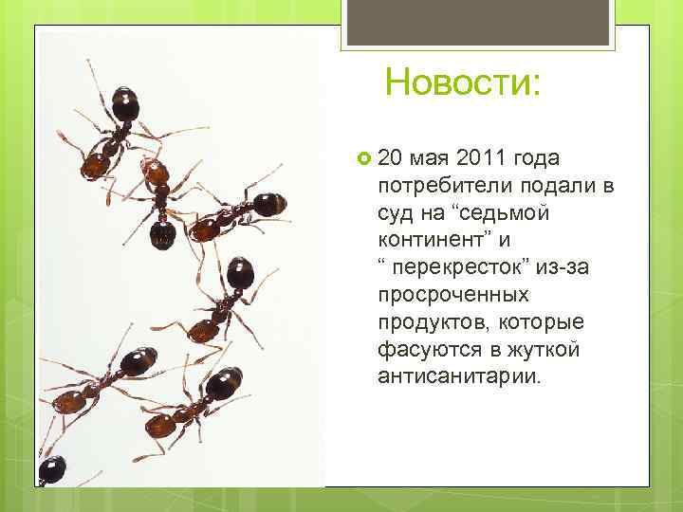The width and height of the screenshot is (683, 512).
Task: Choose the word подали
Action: [x=549, y=185]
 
